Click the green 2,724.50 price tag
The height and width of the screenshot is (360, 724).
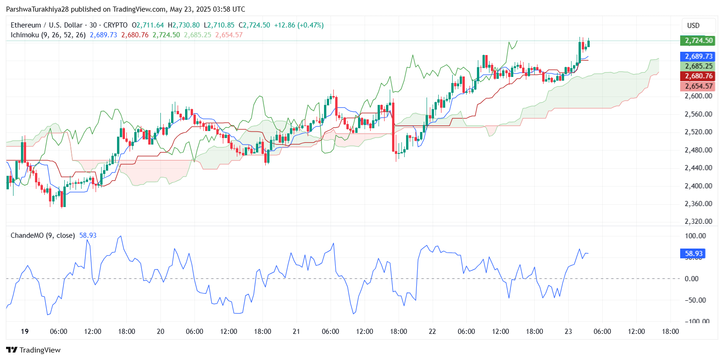pos(697,41)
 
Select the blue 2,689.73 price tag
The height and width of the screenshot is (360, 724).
pos(697,56)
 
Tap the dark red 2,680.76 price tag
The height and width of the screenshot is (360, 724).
pos(697,76)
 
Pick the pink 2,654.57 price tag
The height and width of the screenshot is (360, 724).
pos(697,86)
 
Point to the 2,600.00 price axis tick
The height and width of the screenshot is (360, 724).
pos(697,96)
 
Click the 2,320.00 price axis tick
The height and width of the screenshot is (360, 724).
pos(697,222)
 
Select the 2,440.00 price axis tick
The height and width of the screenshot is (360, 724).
pos(697,168)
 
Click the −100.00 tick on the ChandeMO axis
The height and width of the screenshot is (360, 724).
pos(694,321)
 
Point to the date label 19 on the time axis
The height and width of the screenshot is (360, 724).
pos(25,332)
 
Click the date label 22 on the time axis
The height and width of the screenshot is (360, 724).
pos(432,332)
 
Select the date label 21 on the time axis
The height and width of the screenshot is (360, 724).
pos(296,332)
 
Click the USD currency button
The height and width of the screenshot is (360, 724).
pos(694,25)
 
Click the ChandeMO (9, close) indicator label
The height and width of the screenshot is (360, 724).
pos(42,235)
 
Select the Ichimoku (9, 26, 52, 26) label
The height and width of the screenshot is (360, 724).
pos(48,35)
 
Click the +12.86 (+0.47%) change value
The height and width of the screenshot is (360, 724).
pos(299,25)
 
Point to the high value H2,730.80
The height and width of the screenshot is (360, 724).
pos(183,25)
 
